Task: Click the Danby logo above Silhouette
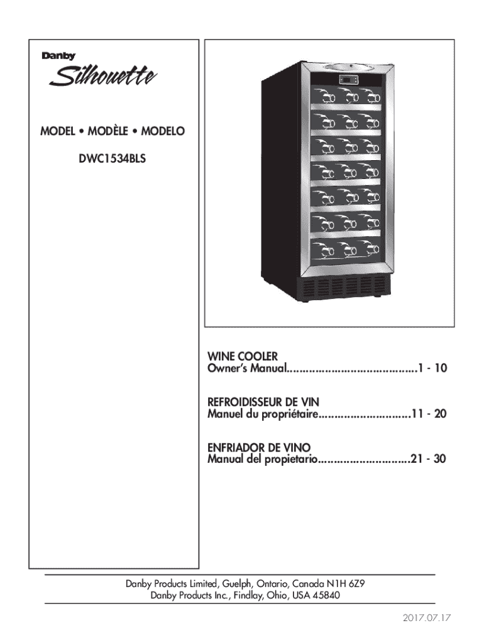(x=58, y=56)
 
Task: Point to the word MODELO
(x=162, y=132)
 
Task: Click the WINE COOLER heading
(x=242, y=356)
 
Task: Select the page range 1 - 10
(x=430, y=367)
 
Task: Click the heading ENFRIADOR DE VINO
(x=258, y=448)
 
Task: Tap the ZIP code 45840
(x=327, y=595)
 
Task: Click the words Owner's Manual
(x=246, y=367)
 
